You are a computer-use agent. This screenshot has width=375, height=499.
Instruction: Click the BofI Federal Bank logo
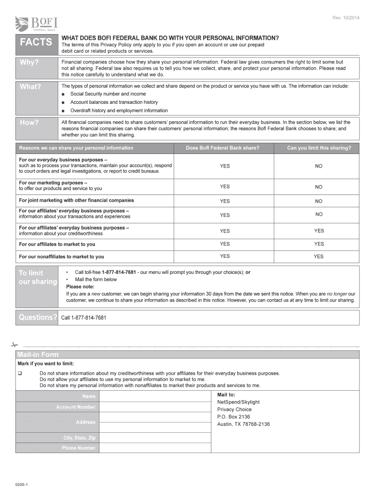pyautogui.click(x=37, y=23)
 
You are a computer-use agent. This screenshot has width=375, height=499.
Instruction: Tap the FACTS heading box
pyautogui.click(x=36, y=42)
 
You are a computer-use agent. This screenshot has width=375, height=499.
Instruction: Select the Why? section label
pyautogui.click(x=29, y=62)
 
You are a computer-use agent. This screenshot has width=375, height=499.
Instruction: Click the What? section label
pyautogui.click(x=30, y=87)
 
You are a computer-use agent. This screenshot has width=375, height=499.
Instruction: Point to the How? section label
pyautogui.click(x=29, y=122)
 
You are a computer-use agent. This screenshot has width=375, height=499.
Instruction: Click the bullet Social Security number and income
pyautogui.click(x=108, y=94)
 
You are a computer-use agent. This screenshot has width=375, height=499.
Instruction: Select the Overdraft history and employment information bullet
pyautogui.click(x=119, y=111)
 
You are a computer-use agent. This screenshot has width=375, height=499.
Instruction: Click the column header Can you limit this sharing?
pyautogui.click(x=319, y=148)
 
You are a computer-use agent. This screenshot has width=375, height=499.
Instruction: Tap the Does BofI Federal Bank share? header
pyautogui.click(x=223, y=148)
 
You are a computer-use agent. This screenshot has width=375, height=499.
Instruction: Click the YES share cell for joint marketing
pyautogui.click(x=225, y=201)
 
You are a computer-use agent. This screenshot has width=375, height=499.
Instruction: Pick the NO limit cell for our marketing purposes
pyautogui.click(x=319, y=187)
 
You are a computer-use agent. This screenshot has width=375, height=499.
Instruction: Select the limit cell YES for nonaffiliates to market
pyautogui.click(x=319, y=256)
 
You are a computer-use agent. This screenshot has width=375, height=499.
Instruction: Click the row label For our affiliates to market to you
pyautogui.click(x=57, y=244)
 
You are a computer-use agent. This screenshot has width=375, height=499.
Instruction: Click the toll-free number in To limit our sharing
pyautogui.click(x=118, y=272)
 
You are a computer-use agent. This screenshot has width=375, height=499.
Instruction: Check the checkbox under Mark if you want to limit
pyautogui.click(x=20, y=373)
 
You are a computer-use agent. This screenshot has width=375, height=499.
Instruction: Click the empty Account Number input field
pyautogui.click(x=154, y=407)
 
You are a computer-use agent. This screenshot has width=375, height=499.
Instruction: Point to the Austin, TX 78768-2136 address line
pyautogui.click(x=243, y=424)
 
